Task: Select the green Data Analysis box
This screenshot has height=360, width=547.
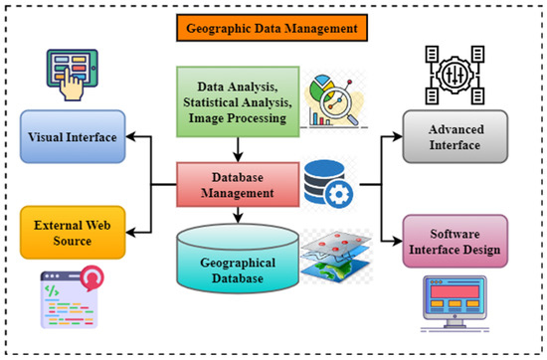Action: pyautogui.click(x=238, y=99)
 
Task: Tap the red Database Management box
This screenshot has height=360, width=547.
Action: pyautogui.click(x=239, y=182)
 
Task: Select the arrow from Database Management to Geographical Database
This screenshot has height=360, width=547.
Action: pyautogui.click(x=239, y=213)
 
